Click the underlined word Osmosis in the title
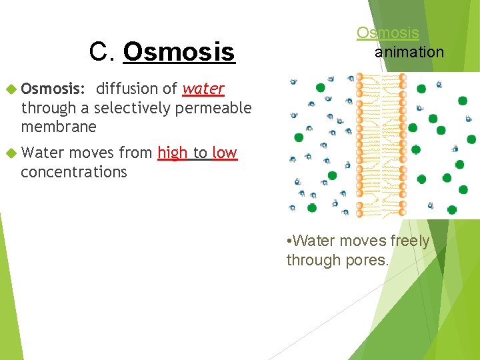click(179, 51)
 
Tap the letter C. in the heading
click(103, 51)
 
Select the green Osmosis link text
click(387, 33)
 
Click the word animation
click(409, 51)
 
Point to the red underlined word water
click(203, 89)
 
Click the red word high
click(173, 153)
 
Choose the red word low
click(225, 153)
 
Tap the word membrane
click(59, 127)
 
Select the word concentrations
click(73, 172)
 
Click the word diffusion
click(127, 89)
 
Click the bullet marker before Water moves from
click(10, 153)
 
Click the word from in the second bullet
click(136, 153)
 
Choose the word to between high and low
click(200, 153)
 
